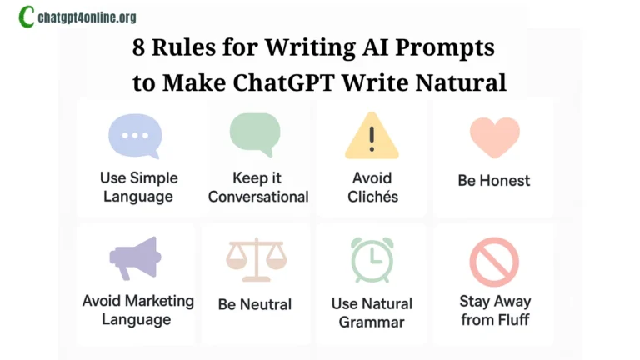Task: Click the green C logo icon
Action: pos(27,17)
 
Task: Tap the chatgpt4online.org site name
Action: pos(87,17)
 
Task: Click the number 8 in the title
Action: pos(140,47)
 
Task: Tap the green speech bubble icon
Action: pos(255,134)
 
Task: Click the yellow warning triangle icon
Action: pos(372,136)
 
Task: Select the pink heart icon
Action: pos(494,136)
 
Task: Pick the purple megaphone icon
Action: pos(135,257)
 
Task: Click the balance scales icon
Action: pos(255,259)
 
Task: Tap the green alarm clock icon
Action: pos(372,260)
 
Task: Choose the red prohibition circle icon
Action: pos(494,261)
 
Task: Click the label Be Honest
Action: pos(494,180)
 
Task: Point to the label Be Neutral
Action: pos(255,304)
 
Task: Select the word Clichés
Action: pos(372,197)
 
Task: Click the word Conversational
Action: pos(258,197)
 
